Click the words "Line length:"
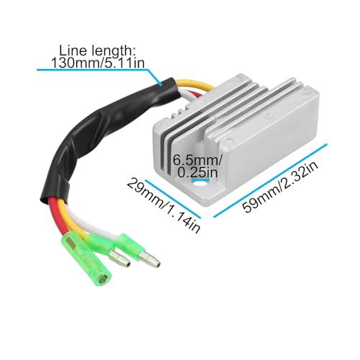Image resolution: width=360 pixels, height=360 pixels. click(98, 50)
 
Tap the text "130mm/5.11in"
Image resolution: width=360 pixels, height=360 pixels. click(98, 63)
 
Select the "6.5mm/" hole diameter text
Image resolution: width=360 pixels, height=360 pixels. click(197, 160)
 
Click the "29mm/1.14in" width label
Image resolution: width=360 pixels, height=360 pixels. click(163, 206)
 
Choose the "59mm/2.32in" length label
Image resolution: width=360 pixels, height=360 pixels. click(280, 186)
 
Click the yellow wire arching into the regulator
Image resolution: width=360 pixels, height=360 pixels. click(195, 84)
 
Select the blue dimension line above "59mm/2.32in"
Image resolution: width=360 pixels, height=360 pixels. click(270, 181)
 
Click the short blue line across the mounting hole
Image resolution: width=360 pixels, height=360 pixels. click(199, 179)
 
